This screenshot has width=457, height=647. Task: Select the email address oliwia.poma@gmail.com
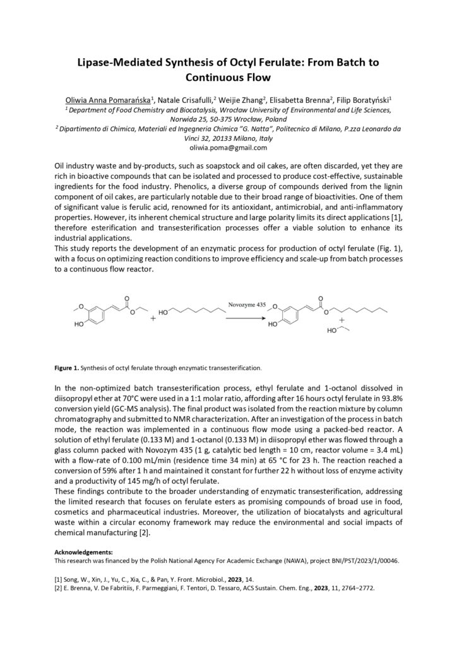click(x=228, y=147)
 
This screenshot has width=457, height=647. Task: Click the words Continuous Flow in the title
click(x=228, y=78)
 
